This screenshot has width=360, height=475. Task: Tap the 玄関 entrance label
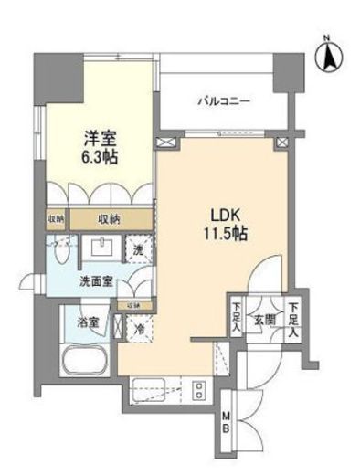coord(264,320)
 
